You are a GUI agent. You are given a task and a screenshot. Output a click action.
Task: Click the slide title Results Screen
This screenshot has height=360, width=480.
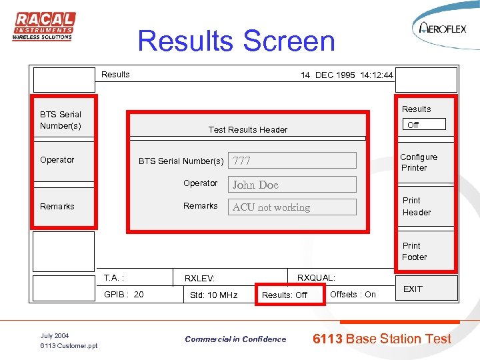coord(236,41)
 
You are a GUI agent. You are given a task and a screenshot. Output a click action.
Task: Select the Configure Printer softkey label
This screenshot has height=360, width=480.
coord(419,163)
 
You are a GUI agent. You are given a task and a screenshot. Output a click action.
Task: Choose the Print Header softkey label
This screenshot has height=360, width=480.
coord(417,207)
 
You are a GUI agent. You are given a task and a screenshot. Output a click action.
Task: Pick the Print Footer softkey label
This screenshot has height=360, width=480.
coord(414,251)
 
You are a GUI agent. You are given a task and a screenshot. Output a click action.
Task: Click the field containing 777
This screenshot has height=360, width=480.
coord(293,161)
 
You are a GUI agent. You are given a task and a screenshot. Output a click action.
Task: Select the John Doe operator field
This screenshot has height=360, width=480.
coord(293,185)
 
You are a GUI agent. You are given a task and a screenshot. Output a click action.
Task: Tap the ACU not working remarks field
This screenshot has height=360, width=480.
coord(293,207)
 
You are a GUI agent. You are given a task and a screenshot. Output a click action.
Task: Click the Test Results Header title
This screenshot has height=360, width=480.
coord(248,130)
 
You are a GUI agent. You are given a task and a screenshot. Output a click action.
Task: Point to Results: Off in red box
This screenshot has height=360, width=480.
coord(285,295)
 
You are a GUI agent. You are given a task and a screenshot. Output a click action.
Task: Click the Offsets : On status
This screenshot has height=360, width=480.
coord(353,295)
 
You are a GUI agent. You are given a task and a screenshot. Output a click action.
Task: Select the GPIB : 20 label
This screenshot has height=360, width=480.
coord(124,295)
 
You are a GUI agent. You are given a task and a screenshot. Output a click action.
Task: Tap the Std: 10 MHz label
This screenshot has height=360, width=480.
coord(213,295)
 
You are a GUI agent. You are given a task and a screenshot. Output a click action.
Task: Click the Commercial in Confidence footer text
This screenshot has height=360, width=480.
coord(235,339)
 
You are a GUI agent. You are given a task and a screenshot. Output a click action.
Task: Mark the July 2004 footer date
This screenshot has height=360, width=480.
coord(55,335)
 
